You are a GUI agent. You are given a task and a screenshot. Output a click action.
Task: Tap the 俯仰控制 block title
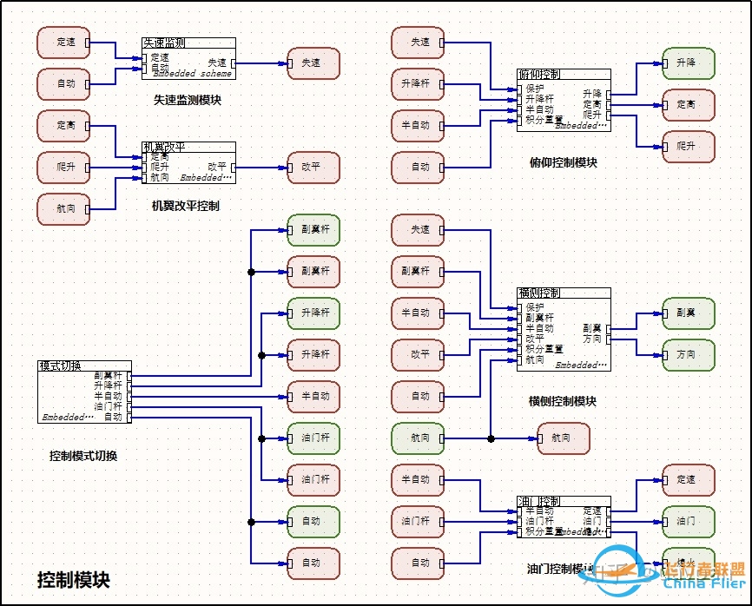(539, 74)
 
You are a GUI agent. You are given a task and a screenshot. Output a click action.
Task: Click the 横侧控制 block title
(539, 293)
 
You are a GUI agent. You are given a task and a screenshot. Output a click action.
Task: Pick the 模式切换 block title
(60, 366)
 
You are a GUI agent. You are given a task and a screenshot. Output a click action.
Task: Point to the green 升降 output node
(689, 63)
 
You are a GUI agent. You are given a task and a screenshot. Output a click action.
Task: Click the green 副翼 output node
(689, 313)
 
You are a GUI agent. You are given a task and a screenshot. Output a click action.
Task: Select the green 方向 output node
(689, 354)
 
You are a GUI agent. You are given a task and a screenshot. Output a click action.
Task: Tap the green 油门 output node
(689, 521)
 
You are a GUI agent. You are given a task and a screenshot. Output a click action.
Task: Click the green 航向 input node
(418, 438)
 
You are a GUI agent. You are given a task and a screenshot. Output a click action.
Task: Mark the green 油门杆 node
(313, 438)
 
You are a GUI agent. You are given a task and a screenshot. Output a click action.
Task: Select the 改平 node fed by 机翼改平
(313, 167)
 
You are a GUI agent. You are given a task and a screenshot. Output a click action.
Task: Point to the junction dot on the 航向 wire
(491, 438)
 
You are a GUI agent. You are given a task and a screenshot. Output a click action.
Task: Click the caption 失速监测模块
(188, 100)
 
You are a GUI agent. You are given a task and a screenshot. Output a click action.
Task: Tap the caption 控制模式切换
(83, 456)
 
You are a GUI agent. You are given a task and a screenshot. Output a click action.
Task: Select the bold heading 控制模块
(74, 579)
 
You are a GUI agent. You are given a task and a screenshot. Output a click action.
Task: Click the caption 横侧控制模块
(563, 401)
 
